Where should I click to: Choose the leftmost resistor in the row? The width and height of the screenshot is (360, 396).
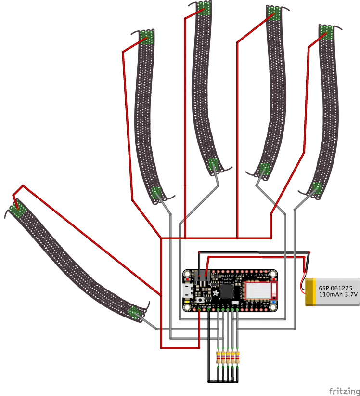(x=219, y=357)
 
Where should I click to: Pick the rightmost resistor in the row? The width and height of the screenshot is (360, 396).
(x=238, y=357)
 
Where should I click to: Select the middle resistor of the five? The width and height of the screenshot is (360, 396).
(x=229, y=357)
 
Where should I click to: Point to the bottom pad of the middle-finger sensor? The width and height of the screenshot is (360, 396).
(x=213, y=165)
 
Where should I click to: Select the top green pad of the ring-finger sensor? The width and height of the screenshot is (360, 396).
(x=274, y=13)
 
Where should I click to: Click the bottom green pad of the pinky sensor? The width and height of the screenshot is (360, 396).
(x=316, y=189)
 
